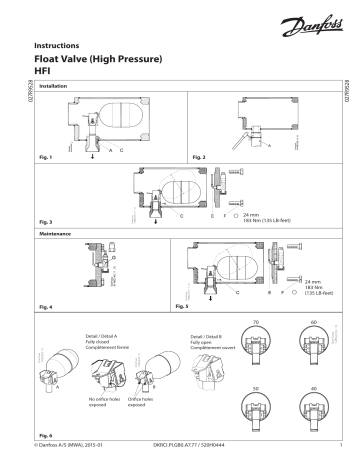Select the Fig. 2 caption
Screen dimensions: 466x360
[199, 158]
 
